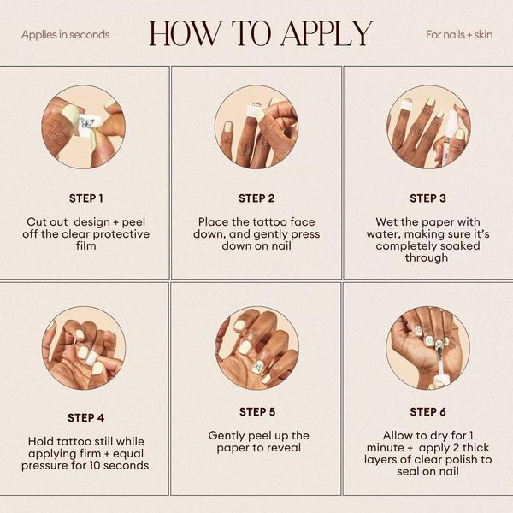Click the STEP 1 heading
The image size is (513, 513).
point(86,198)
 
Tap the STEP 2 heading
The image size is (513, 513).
point(256,198)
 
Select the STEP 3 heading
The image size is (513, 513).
point(427,198)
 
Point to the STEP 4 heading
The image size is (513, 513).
point(86,418)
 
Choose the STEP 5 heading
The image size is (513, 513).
point(257,412)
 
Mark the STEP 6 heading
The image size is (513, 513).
point(427,412)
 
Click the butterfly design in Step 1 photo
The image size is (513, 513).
point(86,124)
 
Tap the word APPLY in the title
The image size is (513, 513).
point(327,33)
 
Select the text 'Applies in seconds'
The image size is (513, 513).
point(66,35)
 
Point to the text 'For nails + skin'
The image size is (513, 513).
point(459,35)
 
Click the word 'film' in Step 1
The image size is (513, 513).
point(86,245)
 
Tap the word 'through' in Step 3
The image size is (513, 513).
point(427,258)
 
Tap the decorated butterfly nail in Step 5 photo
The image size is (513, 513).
point(258,368)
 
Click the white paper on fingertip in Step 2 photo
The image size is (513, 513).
point(255,110)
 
